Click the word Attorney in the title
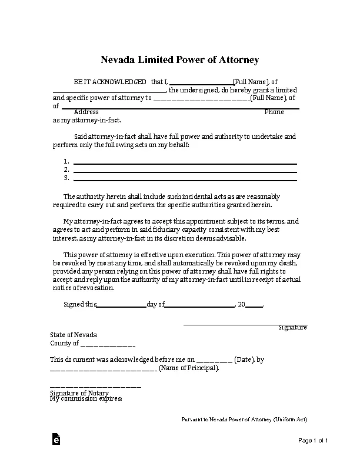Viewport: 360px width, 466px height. pos(238,60)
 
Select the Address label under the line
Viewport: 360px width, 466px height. pos(86,112)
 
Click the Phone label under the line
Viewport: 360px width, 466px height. pos(274,112)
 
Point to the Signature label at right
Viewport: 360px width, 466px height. pos(292,327)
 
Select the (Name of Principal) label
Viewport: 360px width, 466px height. pos(189,368)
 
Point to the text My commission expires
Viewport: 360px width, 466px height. pos(86,399)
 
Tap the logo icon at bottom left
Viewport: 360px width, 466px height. pos(56,440)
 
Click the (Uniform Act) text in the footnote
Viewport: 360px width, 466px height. pos(290,420)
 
